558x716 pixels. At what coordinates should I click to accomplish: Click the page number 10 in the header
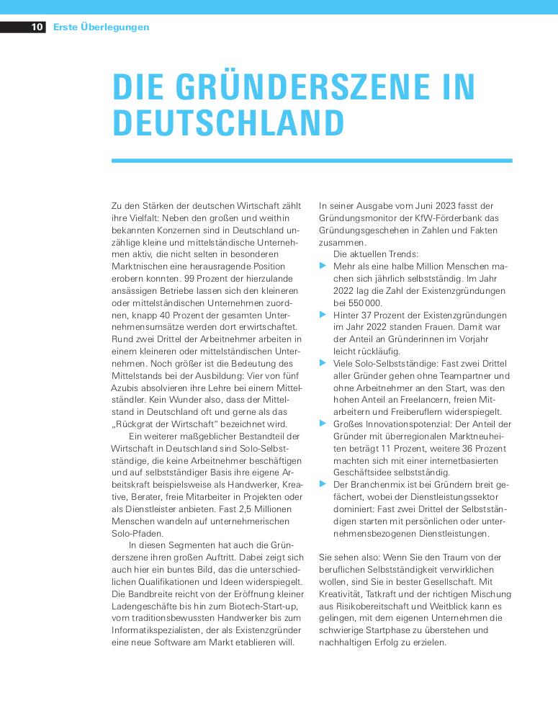tap(37, 27)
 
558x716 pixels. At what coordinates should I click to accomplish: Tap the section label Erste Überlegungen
tap(102, 27)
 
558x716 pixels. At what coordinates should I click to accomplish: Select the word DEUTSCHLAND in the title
tap(228, 123)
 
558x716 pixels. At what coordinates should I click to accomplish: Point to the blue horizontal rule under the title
tap(312, 161)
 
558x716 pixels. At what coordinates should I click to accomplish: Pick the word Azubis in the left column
tap(126, 388)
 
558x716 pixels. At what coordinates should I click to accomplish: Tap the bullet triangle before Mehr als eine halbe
tap(323, 267)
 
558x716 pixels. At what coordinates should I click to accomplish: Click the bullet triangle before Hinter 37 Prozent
tap(323, 315)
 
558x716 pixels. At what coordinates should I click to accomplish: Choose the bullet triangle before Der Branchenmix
tap(323, 485)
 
